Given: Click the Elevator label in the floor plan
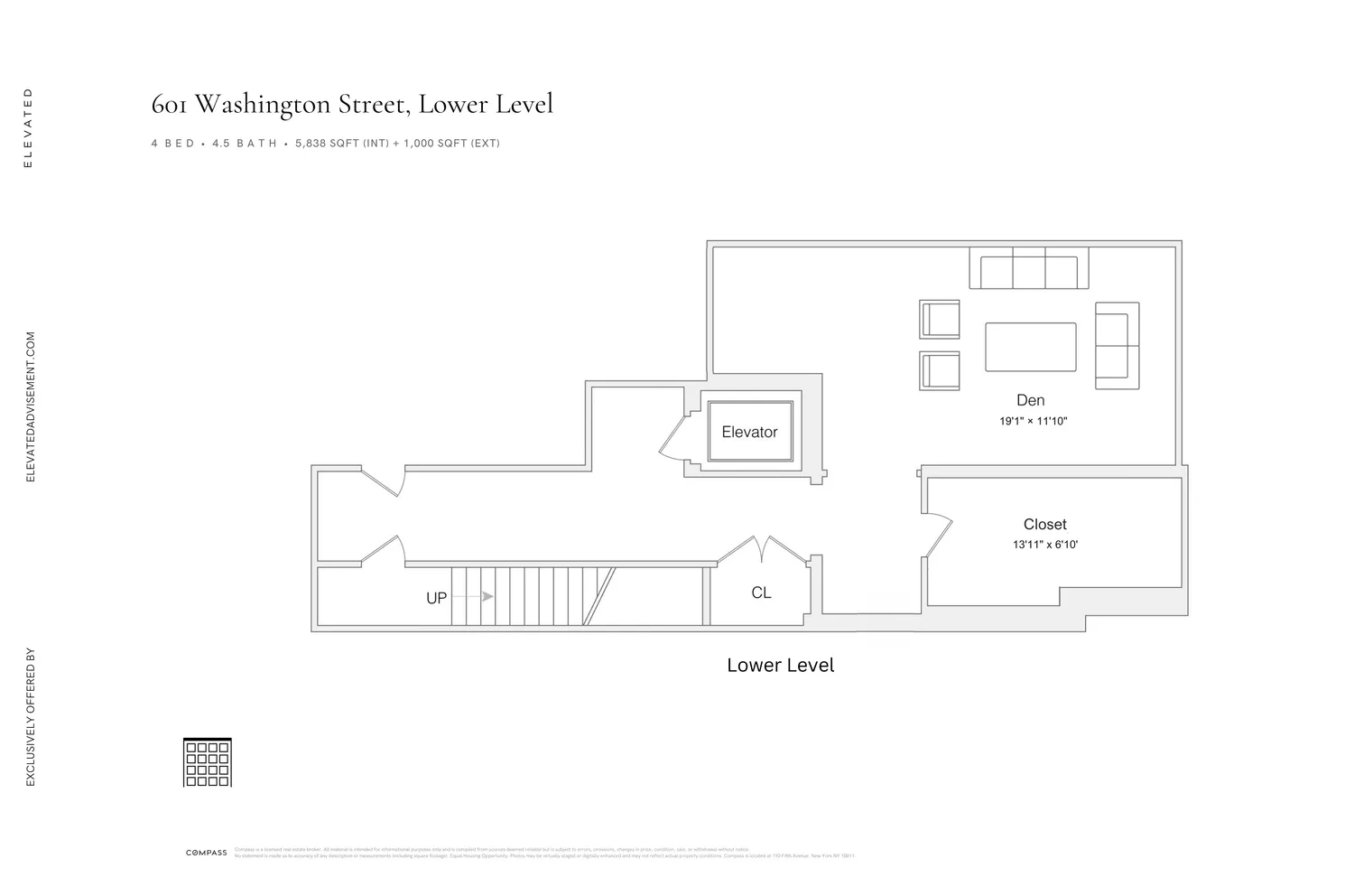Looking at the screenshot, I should [x=749, y=432].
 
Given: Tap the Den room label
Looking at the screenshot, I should [x=1030, y=400].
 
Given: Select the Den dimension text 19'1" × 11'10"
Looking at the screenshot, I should [x=1033, y=421].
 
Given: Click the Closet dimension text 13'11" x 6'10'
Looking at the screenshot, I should [x=1045, y=545].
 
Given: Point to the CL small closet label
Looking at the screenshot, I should [x=761, y=592].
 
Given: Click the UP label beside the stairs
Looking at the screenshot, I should [x=436, y=598].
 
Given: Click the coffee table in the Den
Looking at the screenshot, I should [x=1030, y=347].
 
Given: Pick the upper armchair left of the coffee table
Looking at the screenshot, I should [x=940, y=319].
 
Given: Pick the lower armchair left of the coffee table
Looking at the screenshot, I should [x=940, y=370].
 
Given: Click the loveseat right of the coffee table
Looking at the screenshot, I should [x=1117, y=346].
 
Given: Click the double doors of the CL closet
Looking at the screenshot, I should [x=763, y=549].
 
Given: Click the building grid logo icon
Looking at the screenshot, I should [x=208, y=762].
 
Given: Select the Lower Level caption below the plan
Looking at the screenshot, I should [x=780, y=666].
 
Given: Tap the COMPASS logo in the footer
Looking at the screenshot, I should [x=207, y=853].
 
